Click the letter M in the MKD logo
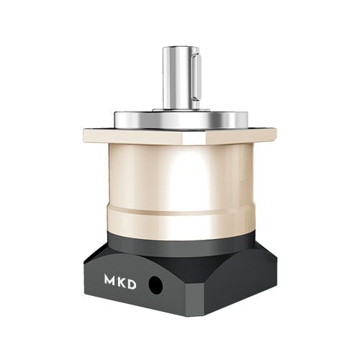109,280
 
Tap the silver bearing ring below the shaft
181,120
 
